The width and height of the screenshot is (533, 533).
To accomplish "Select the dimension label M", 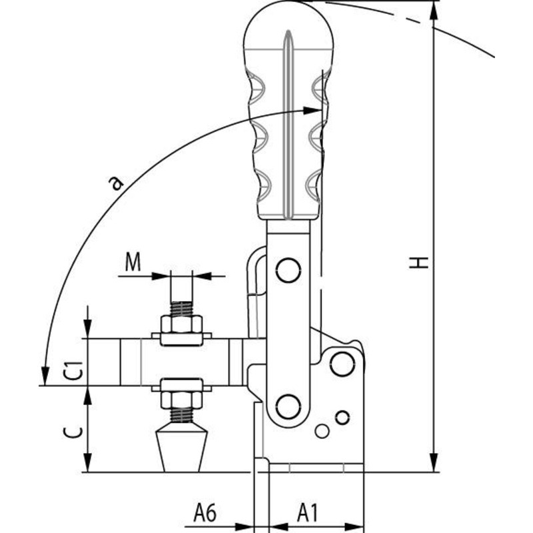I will click(133, 263).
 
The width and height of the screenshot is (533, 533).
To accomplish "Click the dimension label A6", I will click(205, 513).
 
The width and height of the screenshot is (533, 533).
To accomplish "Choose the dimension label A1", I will click(307, 513).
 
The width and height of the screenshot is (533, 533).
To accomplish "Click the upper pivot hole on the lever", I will click(288, 270).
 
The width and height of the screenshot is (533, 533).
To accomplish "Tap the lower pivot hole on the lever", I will click(288, 406).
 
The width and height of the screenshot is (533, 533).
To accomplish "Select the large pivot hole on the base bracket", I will click(342, 364).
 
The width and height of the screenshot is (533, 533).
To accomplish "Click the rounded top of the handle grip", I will click(287, 20).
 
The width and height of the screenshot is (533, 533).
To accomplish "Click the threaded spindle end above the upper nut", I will click(181, 309).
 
